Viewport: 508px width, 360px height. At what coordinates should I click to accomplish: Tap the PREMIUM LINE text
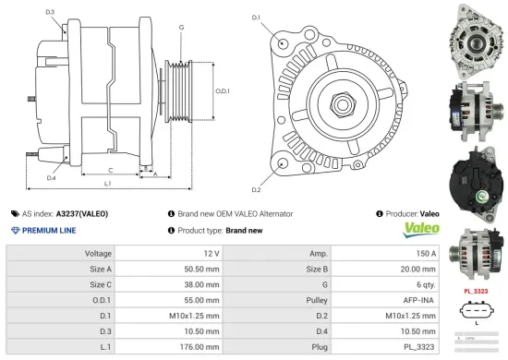coord(48,230)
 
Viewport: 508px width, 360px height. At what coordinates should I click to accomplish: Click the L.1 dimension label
coord(107,184)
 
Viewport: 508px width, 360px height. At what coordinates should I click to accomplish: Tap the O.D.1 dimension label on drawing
coord(222,90)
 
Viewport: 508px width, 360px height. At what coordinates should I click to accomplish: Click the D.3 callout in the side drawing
coord(49,12)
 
